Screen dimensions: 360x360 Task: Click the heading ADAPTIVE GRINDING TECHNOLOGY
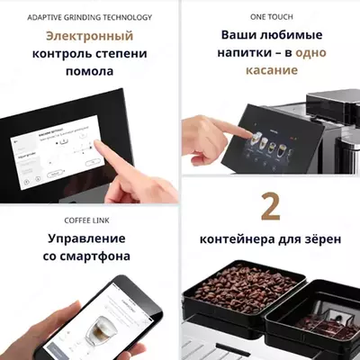click(89, 17)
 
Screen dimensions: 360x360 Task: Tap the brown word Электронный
click(89, 37)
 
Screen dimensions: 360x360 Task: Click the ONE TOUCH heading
click(270, 17)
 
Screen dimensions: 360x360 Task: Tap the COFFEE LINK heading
click(89, 219)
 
